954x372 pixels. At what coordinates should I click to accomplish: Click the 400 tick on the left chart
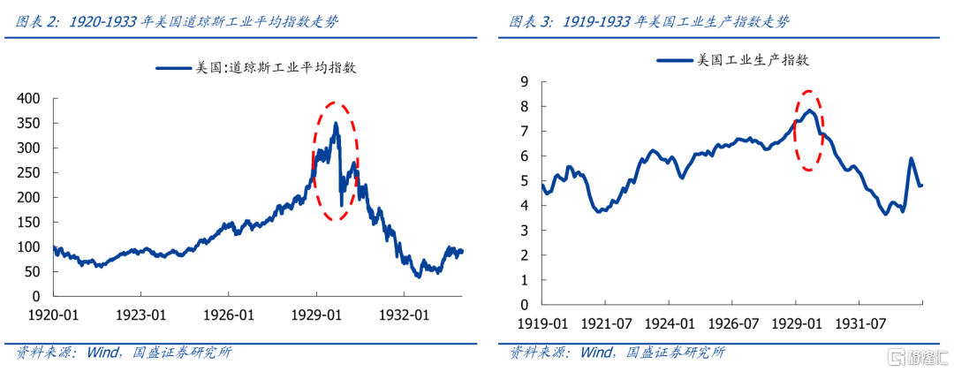coord(31,98)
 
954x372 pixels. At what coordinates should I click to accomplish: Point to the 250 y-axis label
coord(31,173)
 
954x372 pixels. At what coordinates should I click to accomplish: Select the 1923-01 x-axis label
coord(141,314)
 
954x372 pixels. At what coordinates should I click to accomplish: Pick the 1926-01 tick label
coord(228,314)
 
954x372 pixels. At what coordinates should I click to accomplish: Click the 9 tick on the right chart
coord(524,81)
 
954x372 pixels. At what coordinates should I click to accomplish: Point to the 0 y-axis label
coord(524,304)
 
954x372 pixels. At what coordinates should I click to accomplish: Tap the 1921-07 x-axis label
coord(606,325)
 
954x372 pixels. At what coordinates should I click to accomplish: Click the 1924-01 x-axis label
coord(669,325)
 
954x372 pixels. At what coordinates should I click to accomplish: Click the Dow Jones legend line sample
coord(174,67)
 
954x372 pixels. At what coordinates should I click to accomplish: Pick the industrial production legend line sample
coord(676,60)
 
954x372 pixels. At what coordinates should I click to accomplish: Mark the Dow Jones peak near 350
coord(336,125)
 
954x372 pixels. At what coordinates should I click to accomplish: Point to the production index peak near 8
coord(808,110)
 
